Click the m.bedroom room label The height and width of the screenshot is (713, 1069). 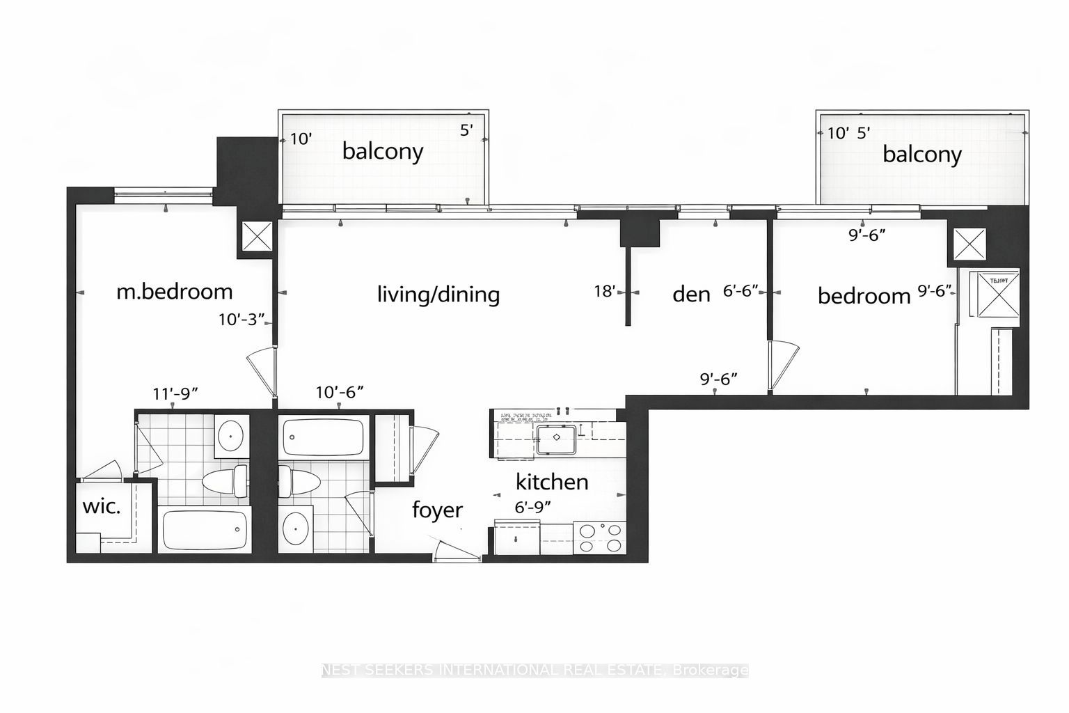pos(174,291)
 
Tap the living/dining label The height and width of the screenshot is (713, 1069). pos(438,294)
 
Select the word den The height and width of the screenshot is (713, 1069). pos(691,294)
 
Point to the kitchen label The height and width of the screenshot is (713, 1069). pos(551,482)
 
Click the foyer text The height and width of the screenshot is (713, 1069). pos(437,510)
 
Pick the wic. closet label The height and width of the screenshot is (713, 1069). pos(102,506)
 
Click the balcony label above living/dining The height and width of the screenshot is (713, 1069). pos(382,151)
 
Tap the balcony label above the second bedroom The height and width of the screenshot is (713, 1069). pos(921,154)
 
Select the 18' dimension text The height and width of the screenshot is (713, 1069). pos(605,291)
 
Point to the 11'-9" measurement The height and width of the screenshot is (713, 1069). pos(176,393)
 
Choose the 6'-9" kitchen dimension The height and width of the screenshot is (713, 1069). pos(533,508)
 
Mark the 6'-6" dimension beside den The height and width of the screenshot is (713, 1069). pos(740,291)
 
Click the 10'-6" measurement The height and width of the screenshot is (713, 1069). pos(339,393)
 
